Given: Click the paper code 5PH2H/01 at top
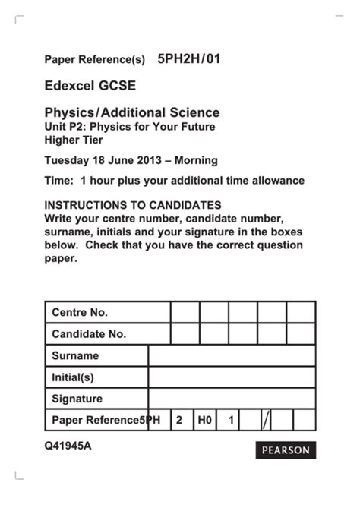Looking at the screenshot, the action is pyautogui.click(x=188, y=58).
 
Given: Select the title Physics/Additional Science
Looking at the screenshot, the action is pyautogui.click(x=131, y=112).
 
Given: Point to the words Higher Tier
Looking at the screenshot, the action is pyautogui.click(x=73, y=140).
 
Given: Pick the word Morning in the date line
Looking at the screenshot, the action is pyautogui.click(x=194, y=160).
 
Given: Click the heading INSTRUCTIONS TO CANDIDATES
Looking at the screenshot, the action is pyautogui.click(x=133, y=205).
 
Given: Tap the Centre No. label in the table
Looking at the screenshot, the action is pyautogui.click(x=80, y=312).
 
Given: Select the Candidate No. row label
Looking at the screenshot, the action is pyautogui.click(x=89, y=333).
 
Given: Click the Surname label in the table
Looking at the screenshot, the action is pyautogui.click(x=75, y=355).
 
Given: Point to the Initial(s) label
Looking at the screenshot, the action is pyautogui.click(x=73, y=377).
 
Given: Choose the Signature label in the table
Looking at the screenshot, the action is pyautogui.click(x=77, y=398).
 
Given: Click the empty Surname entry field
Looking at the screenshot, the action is pyautogui.click(x=232, y=355).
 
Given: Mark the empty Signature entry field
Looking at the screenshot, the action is pyautogui.click(x=232, y=398).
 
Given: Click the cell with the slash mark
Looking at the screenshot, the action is pyautogui.click(x=266, y=419).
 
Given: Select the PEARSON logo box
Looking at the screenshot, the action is pyautogui.click(x=286, y=450).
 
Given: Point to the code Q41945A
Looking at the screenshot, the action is pyautogui.click(x=68, y=446).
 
